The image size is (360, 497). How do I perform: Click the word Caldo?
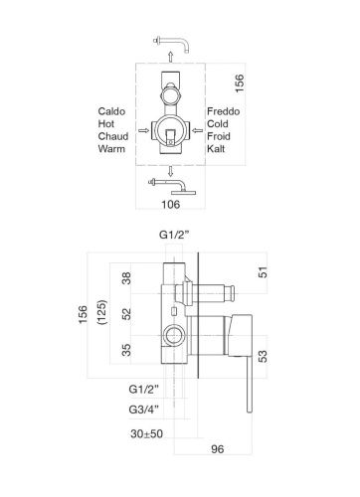(111, 111)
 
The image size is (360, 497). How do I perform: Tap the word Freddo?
(224, 111)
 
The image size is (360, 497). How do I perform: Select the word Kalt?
(216, 149)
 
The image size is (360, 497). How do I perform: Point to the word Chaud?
(113, 136)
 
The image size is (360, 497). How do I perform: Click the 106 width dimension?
(171, 204)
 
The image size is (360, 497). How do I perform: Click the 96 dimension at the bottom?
(218, 449)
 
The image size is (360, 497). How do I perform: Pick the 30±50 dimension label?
(146, 433)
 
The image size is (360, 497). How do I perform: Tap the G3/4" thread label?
(144, 410)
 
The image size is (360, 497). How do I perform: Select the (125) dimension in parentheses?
(102, 312)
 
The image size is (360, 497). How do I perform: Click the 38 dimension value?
(126, 278)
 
